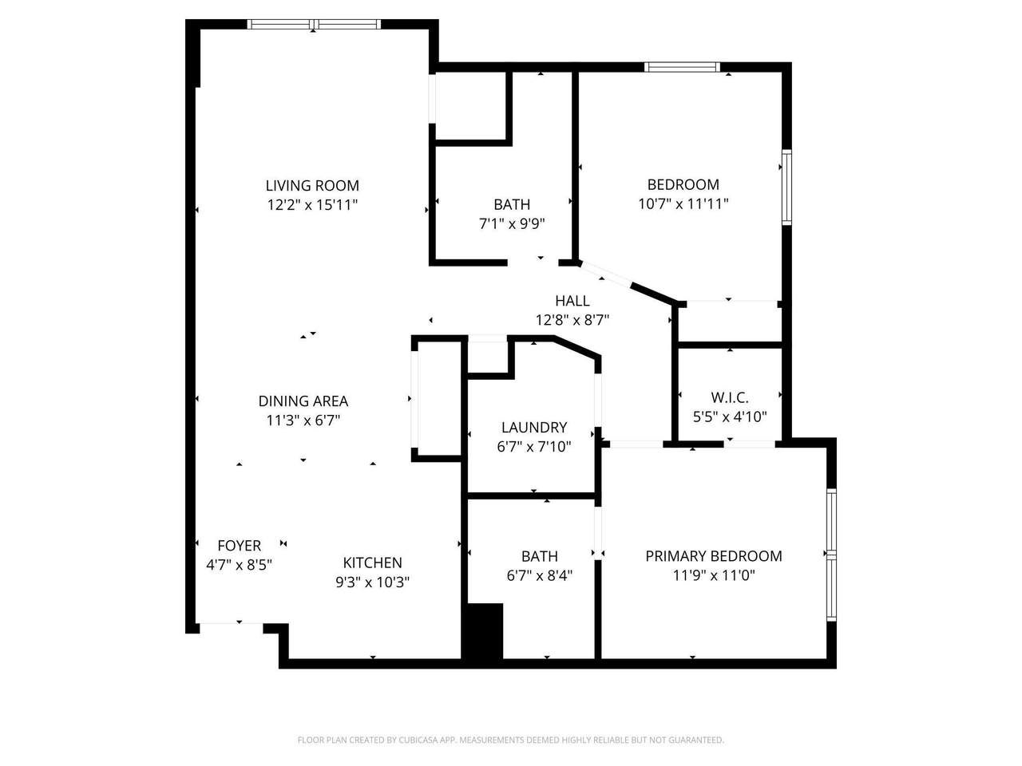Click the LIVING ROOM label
[x=312, y=185]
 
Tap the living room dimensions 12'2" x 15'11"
[x=312, y=205]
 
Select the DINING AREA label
[x=303, y=401]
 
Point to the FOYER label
[x=239, y=546]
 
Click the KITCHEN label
[x=372, y=563]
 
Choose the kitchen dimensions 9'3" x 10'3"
[x=372, y=582]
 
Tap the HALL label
[x=572, y=301]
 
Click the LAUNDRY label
[x=533, y=428]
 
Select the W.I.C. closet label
[x=729, y=397]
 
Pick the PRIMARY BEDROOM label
[x=713, y=556]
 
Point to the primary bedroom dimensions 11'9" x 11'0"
[x=713, y=575]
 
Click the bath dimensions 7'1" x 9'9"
[x=511, y=224]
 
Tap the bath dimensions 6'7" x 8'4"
[x=539, y=575]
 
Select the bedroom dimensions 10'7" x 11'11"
[x=683, y=203]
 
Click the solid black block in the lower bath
[x=483, y=631]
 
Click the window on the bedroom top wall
[x=682, y=67]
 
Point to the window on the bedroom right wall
[x=786, y=188]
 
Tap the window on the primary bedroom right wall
[x=830, y=555]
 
